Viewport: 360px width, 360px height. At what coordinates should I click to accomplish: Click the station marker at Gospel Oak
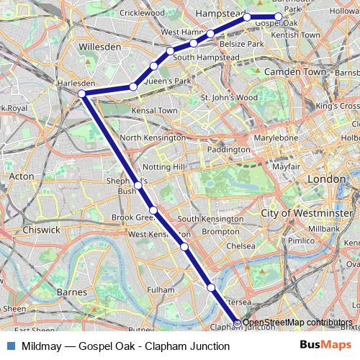[279, 17]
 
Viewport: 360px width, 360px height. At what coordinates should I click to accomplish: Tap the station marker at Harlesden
[82, 94]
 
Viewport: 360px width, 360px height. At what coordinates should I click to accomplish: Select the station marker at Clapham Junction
[238, 323]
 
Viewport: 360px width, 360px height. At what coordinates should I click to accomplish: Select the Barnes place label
[72, 292]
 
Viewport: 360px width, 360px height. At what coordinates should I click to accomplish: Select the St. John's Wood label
[229, 97]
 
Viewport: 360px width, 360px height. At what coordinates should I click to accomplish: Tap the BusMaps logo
[325, 346]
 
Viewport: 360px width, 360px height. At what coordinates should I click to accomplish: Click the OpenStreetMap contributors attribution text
[299, 323]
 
